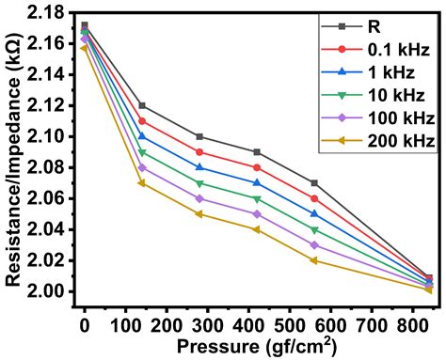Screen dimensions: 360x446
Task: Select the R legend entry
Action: pyautogui.click(x=375, y=28)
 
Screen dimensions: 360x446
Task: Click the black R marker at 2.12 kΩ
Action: pyautogui.click(x=141, y=105)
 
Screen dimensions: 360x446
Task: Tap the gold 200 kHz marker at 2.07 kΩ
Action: pyautogui.click(x=141, y=182)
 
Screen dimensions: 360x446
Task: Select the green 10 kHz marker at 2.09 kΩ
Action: pyautogui.click(x=141, y=152)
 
